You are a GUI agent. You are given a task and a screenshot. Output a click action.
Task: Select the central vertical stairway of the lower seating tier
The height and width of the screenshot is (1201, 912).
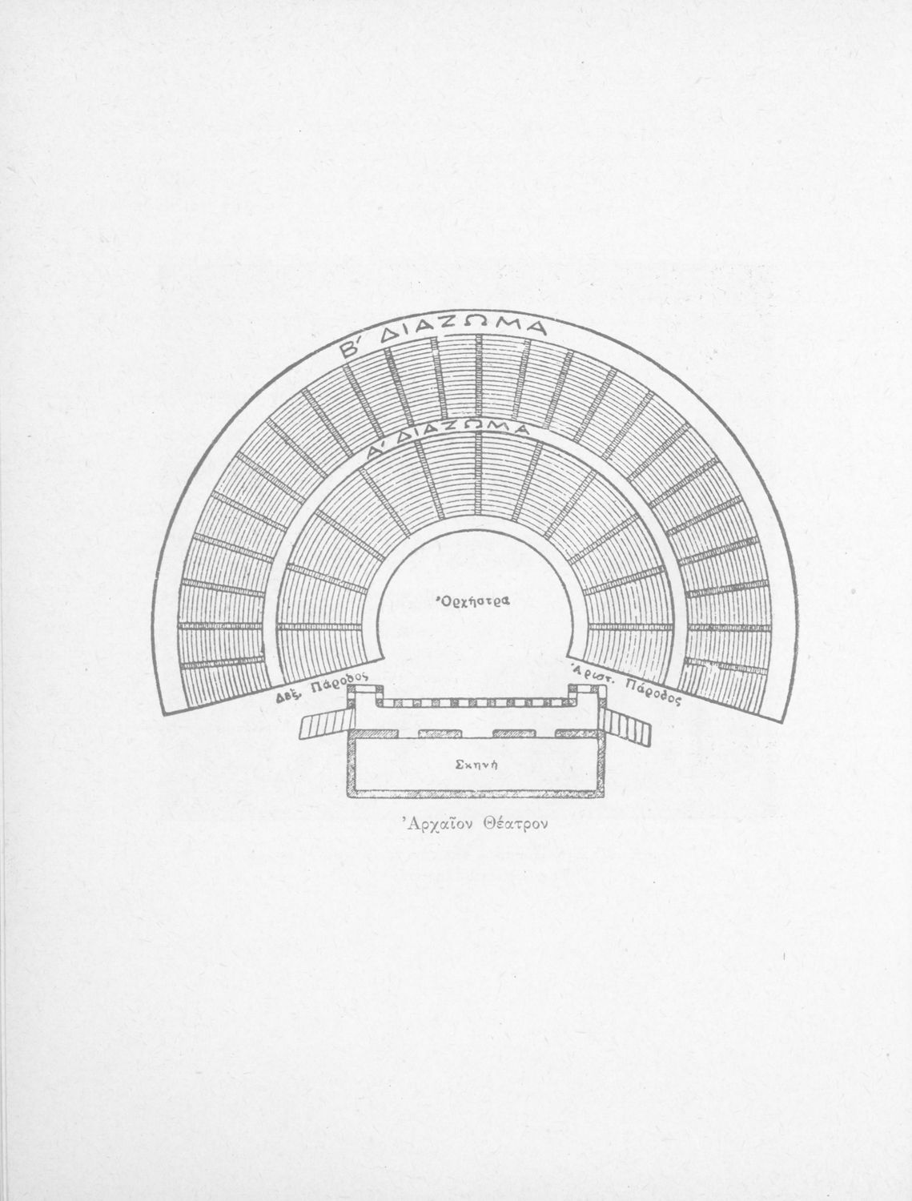480,473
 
